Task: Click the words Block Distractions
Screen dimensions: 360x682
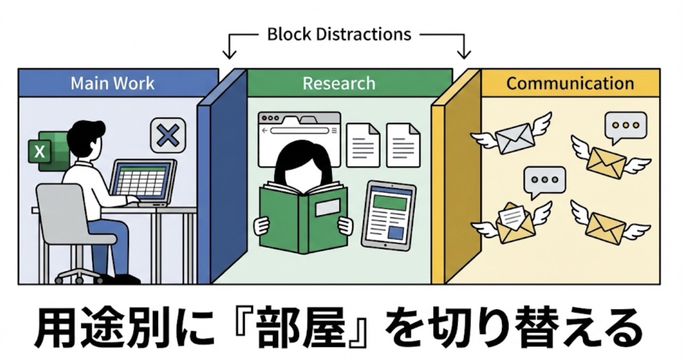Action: pos(339,35)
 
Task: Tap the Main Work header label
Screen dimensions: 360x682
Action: pos(112,83)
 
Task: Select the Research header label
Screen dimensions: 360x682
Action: pos(339,83)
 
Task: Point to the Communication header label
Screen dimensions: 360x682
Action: pos(570,83)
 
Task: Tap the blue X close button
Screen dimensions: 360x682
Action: pos(168,135)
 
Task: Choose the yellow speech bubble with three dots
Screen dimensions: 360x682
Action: pos(626,125)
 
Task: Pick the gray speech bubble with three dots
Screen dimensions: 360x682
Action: pos(544,180)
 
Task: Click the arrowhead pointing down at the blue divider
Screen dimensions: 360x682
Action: pos(229,54)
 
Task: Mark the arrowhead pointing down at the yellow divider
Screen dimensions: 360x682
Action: pos(464,54)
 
